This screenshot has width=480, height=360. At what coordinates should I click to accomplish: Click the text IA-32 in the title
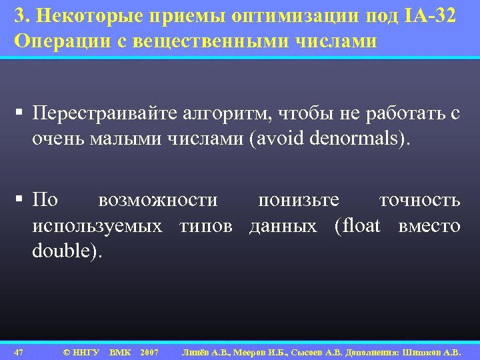click(x=430, y=17)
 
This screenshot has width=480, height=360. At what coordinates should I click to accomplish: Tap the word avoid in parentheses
click(x=287, y=140)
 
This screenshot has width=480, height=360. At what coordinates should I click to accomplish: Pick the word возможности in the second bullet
click(x=157, y=200)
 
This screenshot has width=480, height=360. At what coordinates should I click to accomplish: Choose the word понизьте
click(x=299, y=200)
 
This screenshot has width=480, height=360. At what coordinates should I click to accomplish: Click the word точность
click(x=419, y=200)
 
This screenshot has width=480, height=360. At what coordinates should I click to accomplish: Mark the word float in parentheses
click(x=360, y=226)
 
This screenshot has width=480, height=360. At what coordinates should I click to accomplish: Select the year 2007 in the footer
click(x=150, y=351)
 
